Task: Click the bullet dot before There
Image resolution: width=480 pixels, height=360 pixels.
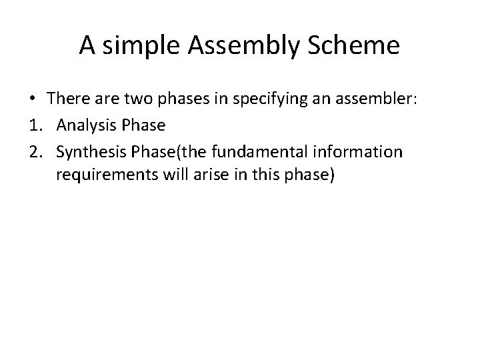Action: tap(32, 98)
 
